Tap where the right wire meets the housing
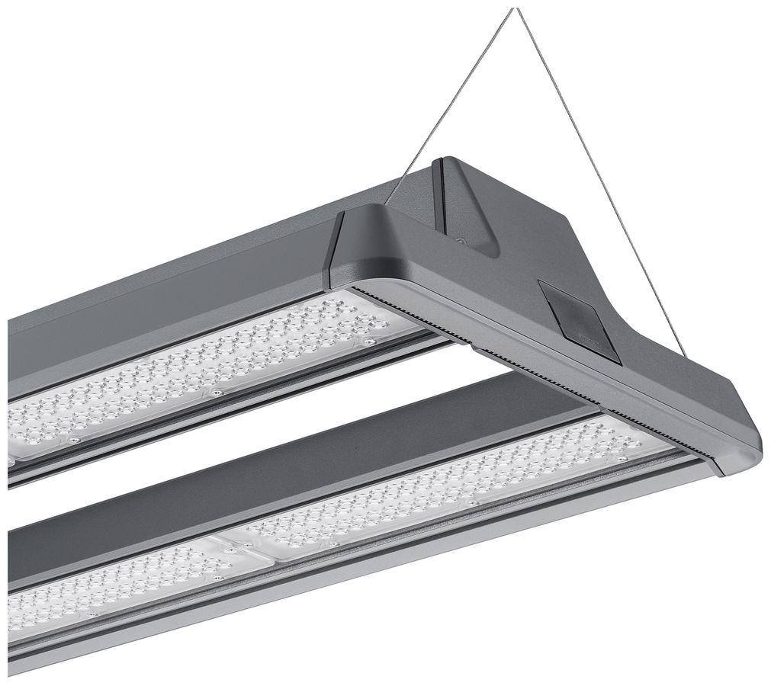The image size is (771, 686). click(685, 357)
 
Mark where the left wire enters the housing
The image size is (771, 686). click(387, 204)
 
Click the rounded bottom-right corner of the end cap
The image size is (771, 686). click(751, 457)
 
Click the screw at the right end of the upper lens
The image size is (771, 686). click(370, 342)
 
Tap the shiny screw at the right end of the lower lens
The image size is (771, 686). click(623, 458)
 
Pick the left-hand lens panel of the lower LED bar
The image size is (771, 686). click(114, 587)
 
